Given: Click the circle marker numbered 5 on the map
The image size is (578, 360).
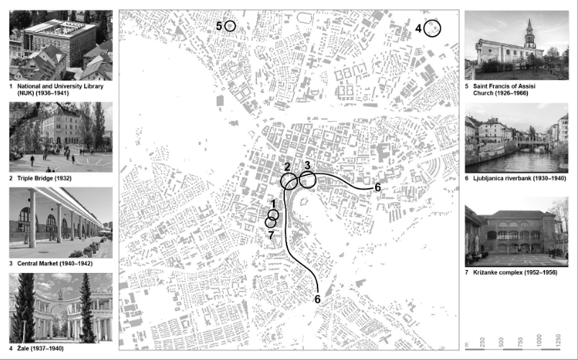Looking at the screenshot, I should [x=230, y=26].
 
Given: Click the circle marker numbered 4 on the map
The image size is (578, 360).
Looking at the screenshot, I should [x=432, y=28].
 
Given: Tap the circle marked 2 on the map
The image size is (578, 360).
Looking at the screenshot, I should [x=289, y=181].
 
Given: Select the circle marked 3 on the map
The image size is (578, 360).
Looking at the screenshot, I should [x=308, y=179].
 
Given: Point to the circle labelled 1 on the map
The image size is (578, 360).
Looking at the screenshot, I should [x=274, y=215].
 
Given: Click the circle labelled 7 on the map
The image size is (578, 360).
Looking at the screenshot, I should [x=270, y=222].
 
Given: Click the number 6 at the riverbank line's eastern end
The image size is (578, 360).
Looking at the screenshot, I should [x=378, y=187].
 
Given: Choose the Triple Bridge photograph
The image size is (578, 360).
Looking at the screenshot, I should [x=60, y=136].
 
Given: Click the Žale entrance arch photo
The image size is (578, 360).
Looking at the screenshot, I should [x=60, y=307].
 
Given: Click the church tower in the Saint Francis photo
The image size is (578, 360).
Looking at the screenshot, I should [x=530, y=35].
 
